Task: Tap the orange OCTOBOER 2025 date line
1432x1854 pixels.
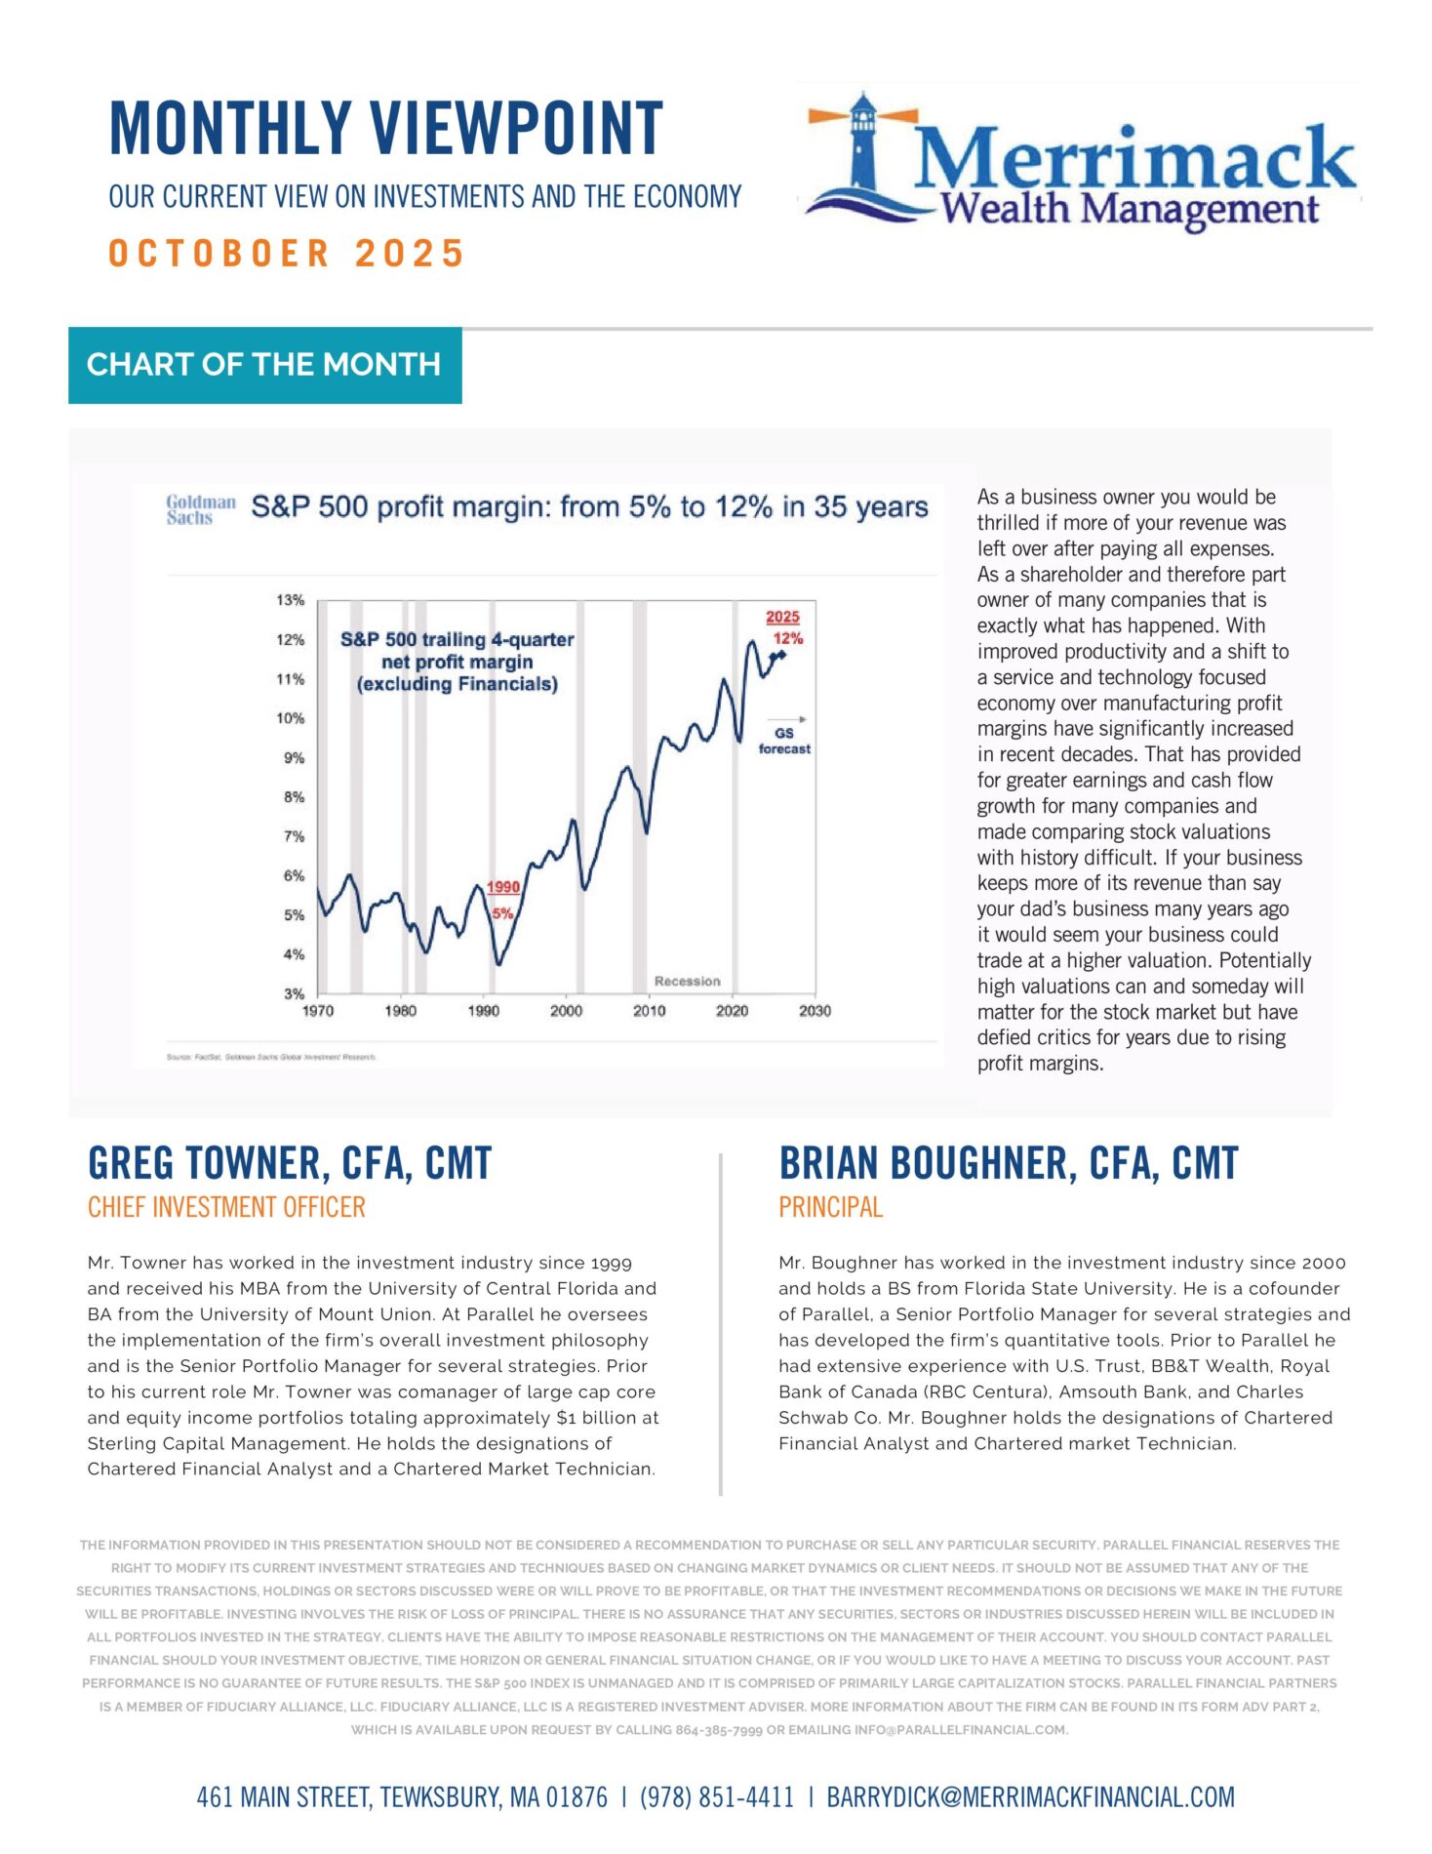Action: (x=286, y=254)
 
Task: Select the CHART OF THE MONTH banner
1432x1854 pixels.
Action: (x=264, y=365)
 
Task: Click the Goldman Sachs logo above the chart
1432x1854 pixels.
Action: (x=201, y=509)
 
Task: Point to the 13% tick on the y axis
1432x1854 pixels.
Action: (x=291, y=600)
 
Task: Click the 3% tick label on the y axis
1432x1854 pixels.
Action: (x=294, y=993)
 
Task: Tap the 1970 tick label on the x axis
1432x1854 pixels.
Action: (x=318, y=1011)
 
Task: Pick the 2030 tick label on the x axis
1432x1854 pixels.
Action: (x=815, y=1011)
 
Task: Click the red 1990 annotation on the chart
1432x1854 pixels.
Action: (x=503, y=887)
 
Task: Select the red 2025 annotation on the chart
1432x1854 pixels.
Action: (x=782, y=617)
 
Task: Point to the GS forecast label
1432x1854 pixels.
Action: (x=784, y=741)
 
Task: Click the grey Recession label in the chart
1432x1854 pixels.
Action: (x=687, y=981)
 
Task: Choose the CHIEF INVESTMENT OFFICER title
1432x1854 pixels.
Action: (x=226, y=1208)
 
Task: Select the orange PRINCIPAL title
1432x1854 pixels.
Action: (x=830, y=1208)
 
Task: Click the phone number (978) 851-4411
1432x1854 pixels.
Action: (x=717, y=1797)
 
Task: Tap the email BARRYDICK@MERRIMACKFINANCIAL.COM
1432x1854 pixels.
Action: (x=1030, y=1797)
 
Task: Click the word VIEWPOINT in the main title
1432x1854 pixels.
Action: (x=517, y=129)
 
